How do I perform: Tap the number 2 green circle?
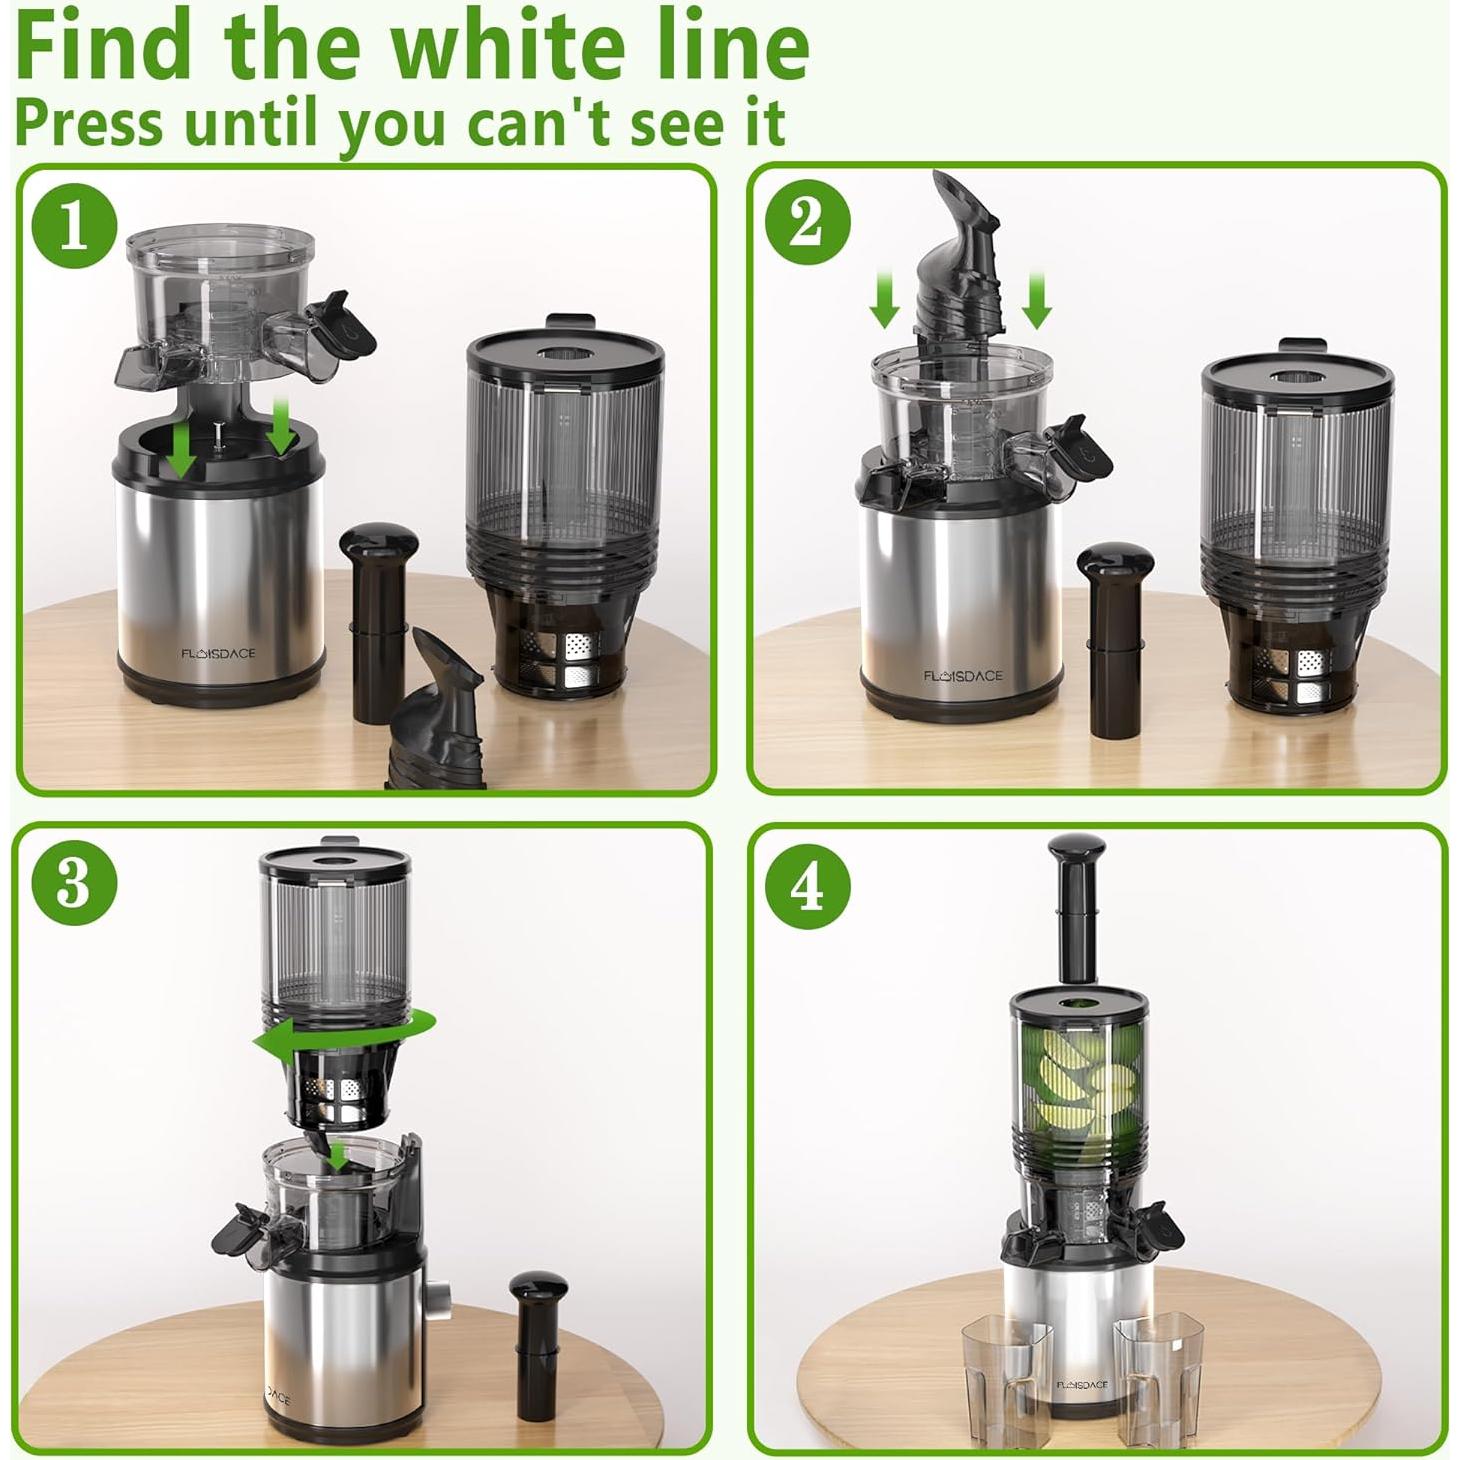(x=807, y=223)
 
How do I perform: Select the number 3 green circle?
(x=73, y=883)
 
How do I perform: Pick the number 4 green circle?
(x=807, y=885)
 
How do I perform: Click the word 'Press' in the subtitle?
(x=88, y=123)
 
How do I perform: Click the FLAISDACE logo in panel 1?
(x=218, y=653)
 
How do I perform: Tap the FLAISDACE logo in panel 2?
(x=962, y=676)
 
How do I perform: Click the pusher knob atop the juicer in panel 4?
(x=1076, y=860)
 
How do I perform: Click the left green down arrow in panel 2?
(x=884, y=300)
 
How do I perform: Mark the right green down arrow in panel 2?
(x=1036, y=300)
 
